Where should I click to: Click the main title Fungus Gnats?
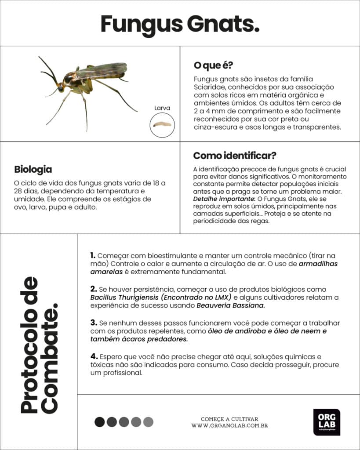click(180, 24)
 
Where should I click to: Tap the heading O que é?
click(213, 65)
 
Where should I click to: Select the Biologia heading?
click(33, 169)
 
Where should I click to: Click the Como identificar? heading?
click(235, 156)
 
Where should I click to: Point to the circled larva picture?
click(162, 125)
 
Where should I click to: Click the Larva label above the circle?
click(162, 108)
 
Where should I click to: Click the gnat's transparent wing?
click(105, 70)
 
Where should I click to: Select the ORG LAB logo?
click(327, 422)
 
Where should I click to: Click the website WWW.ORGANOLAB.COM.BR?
click(229, 426)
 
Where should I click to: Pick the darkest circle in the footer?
click(100, 422)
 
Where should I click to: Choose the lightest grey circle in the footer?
click(148, 422)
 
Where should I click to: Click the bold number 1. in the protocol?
click(93, 255)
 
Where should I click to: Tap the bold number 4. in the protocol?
click(93, 356)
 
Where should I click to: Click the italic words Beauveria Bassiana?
click(231, 305)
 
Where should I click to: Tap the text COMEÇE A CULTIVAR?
click(229, 419)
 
